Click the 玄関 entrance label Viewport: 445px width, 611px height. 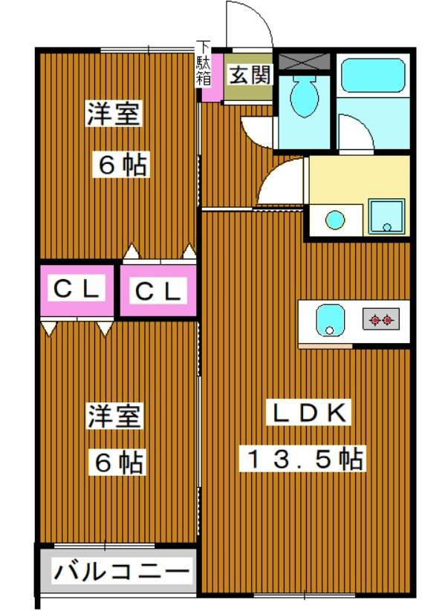coord(249,75)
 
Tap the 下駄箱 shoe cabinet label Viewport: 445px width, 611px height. coord(203,63)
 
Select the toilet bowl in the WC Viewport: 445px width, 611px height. coord(305,96)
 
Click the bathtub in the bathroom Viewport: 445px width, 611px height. coord(373,76)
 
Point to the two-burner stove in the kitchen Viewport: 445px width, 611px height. coord(381,320)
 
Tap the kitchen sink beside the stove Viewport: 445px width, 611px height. coord(330,320)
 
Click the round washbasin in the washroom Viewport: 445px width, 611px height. coord(335,220)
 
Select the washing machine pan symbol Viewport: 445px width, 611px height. coord(386,217)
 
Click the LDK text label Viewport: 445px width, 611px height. coord(308,412)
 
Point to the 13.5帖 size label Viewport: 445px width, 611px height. coord(302,457)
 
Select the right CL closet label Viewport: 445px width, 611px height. coord(157,290)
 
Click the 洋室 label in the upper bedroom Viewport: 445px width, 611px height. coord(114,114)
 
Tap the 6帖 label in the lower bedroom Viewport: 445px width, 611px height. coord(117,462)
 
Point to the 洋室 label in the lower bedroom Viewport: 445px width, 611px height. coord(114,416)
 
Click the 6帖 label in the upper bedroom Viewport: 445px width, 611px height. coord(120,166)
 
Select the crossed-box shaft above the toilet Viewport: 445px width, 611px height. coord(305,61)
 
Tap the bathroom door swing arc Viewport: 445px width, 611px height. coord(362,125)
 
